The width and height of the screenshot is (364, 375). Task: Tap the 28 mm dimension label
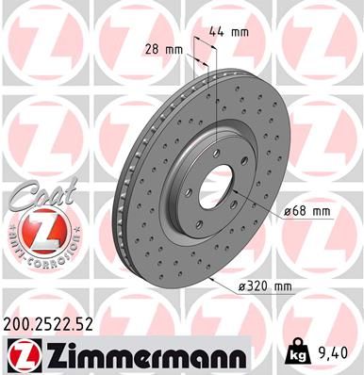click(x=162, y=49)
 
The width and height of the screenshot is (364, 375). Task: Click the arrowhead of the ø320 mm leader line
click(x=214, y=280)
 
